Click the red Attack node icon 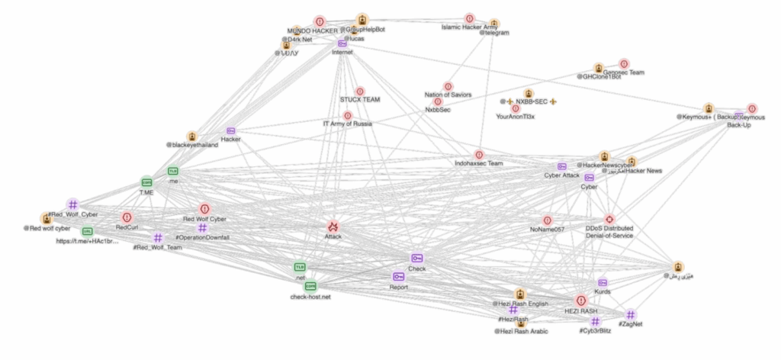point(333,226)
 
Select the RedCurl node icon point(127,217)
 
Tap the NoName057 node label point(547,230)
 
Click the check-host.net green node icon point(310,285)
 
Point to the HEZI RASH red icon point(580,301)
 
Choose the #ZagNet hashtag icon point(631,314)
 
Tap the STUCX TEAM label point(360,100)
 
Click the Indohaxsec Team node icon point(479,155)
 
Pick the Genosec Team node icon point(624,63)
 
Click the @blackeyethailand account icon point(192,136)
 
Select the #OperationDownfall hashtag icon point(202,228)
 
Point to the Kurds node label point(603,291)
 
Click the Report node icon point(398,276)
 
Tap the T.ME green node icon point(146,183)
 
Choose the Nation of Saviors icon point(448,86)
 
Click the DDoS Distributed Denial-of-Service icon point(609,219)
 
